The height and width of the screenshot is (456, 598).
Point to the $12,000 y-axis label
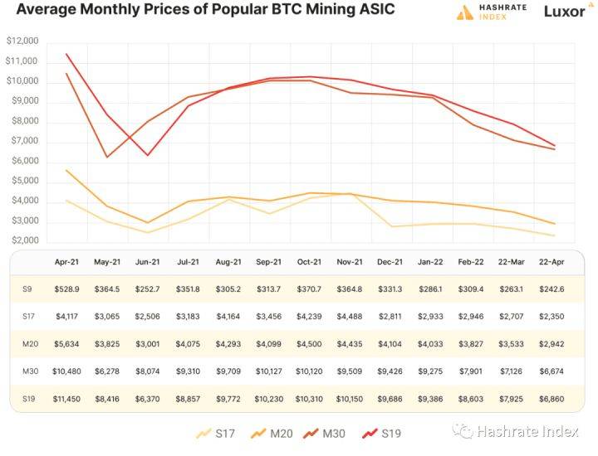coord(22,41)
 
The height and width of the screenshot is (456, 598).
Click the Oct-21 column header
coord(309,261)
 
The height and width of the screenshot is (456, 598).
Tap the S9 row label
coord(28,289)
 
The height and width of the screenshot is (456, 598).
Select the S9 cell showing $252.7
coord(148,289)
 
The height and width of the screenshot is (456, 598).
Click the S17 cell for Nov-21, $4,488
coord(349,318)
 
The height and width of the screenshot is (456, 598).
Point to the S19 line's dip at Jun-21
coord(147,155)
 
